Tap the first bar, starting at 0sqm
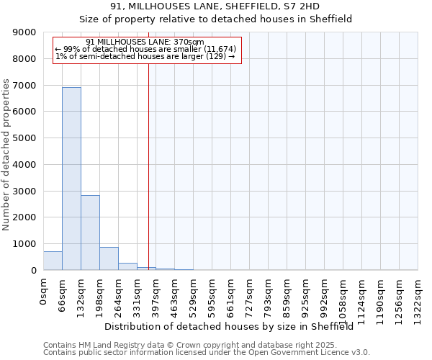(x=53, y=261)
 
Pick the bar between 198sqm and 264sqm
(x=109, y=258)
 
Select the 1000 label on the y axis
(x=26, y=243)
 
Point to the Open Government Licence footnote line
(x=207, y=353)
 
